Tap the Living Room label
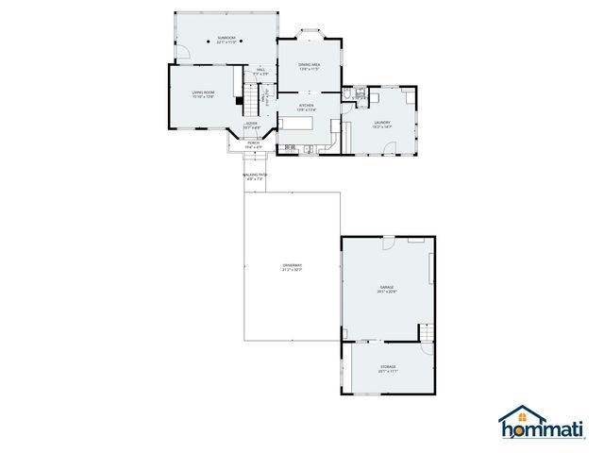[x=203, y=94]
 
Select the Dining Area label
[x=310, y=66]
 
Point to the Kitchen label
[x=307, y=107]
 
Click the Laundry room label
[x=382, y=124]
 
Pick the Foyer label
[x=252, y=126]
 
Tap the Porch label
[x=253, y=145]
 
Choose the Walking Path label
[x=255, y=176]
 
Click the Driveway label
[x=292, y=268]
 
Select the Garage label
[x=387, y=289]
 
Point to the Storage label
[x=388, y=368]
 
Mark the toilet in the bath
[x=347, y=94]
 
